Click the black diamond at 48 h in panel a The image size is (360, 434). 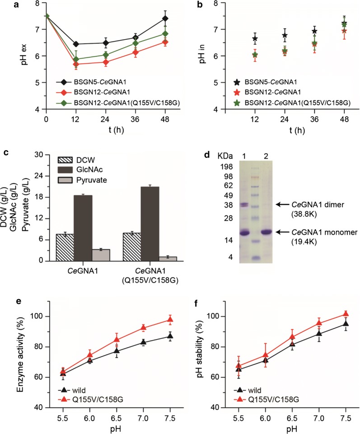165,19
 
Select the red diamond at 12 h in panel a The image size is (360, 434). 76,64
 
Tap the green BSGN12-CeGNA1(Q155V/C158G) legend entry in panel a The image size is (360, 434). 118,103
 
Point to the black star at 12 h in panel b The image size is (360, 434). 255,38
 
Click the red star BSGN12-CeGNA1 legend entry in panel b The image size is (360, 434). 267,92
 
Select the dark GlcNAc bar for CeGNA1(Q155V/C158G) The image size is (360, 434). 150,224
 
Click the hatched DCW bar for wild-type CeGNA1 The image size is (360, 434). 65,247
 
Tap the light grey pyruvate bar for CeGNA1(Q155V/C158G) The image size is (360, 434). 168,259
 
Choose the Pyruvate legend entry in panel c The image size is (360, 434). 82,180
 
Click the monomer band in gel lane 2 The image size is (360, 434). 266,232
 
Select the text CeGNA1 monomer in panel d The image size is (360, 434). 325,232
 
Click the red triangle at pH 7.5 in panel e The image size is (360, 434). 170,320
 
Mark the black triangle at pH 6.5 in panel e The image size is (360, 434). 117,351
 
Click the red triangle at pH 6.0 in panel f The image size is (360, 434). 265,354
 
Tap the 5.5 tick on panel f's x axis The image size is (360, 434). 238,418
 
